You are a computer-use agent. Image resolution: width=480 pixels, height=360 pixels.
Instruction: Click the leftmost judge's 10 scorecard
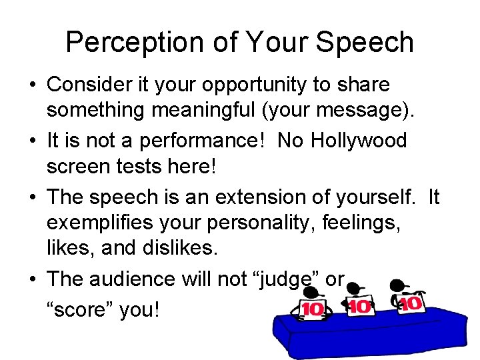tap(311, 309)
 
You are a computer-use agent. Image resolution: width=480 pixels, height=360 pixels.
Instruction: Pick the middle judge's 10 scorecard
tap(361, 307)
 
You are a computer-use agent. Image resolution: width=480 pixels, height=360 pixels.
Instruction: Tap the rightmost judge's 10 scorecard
tap(411, 304)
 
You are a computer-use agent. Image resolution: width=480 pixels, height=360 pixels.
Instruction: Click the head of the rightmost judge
tap(399, 286)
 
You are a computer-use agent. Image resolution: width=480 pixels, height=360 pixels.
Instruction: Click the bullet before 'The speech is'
tap(33, 197)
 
